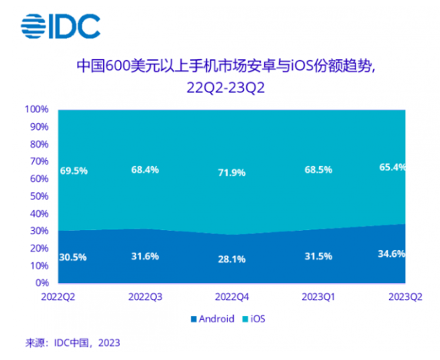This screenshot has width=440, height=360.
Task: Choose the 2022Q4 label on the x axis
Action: click(x=231, y=295)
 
